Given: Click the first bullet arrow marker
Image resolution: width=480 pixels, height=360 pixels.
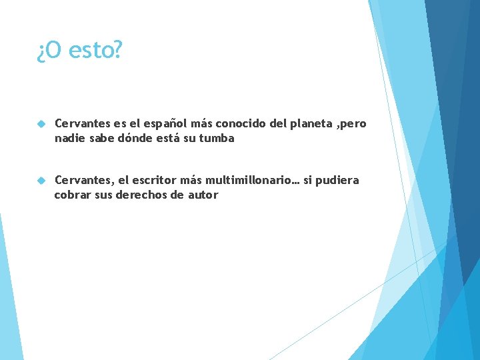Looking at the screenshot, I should tap(41, 125).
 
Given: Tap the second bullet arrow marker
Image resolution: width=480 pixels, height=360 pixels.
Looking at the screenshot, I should tap(41, 181).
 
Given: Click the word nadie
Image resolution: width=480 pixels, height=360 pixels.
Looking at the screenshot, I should tap(70, 139).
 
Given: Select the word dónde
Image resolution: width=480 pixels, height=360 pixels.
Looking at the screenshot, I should tap(138, 139).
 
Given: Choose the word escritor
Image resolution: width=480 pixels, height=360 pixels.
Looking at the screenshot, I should tap(156, 180).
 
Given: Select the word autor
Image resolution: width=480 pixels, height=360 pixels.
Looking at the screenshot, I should tap(201, 195).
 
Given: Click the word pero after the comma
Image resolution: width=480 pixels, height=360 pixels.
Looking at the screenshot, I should tap(354, 125).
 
